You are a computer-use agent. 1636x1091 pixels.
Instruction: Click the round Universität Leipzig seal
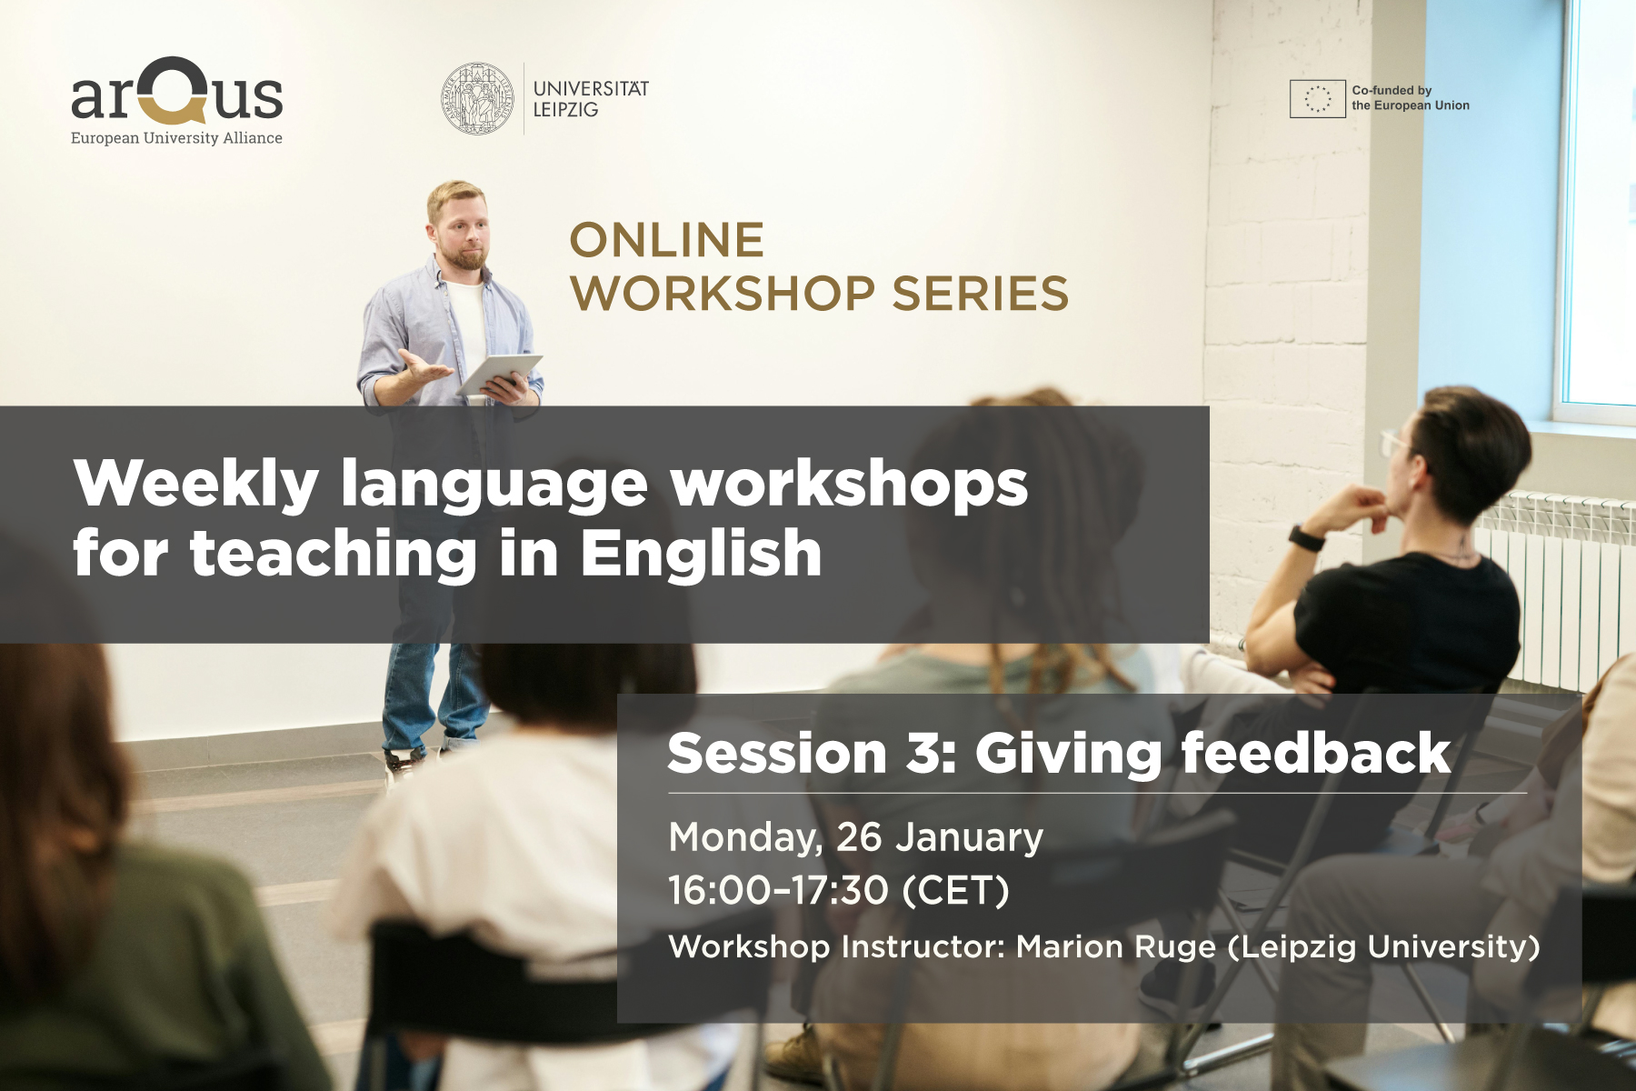pos(478,99)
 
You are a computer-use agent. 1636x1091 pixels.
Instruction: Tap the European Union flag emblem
pos(1317,98)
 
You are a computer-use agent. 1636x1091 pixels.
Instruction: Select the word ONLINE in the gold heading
pos(666,241)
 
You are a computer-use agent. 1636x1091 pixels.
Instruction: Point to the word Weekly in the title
pos(196,485)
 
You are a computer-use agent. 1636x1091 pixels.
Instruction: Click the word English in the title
pos(701,554)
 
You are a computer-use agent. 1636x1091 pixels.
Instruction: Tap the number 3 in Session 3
pos(922,754)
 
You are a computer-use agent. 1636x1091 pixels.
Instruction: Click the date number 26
pos(859,837)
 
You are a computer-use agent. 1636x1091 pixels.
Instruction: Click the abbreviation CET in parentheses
pos(955,890)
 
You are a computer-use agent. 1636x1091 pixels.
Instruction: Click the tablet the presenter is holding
pos(501,374)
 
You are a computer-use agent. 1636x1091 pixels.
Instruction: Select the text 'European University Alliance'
pos(176,138)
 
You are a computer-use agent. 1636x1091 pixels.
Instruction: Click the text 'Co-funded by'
pos(1392,90)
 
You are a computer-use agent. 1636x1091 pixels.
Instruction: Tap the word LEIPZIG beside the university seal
pos(565,110)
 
